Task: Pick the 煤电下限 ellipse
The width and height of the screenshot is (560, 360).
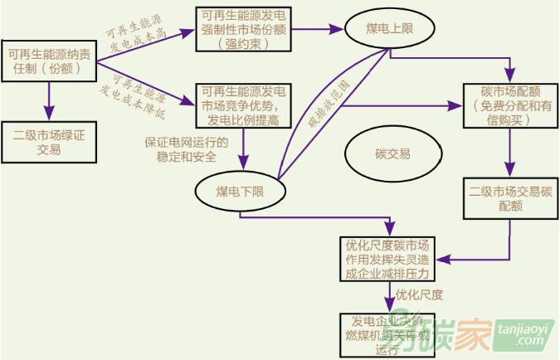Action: tap(240, 192)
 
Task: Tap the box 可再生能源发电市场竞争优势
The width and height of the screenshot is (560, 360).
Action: tap(245, 105)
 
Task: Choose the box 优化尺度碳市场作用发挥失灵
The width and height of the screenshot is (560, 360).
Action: tap(388, 258)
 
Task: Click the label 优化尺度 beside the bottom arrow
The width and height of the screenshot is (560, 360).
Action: tap(420, 295)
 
